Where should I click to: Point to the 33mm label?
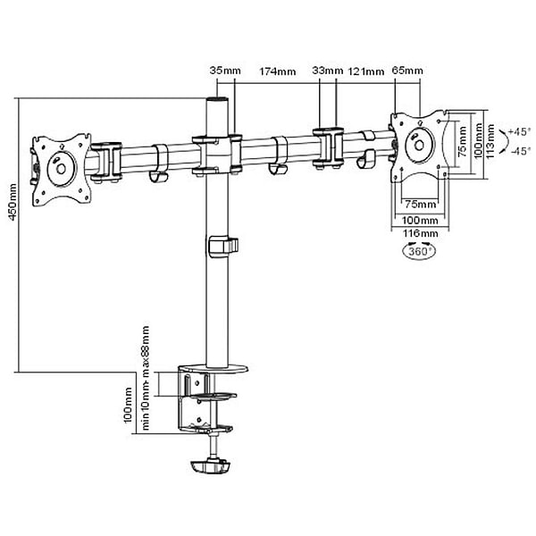coord(328,71)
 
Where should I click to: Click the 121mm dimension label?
coord(366,71)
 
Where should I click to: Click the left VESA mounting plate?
coord(61,166)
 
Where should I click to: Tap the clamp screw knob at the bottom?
coord(211,465)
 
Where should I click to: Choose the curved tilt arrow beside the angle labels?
coord(501,142)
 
